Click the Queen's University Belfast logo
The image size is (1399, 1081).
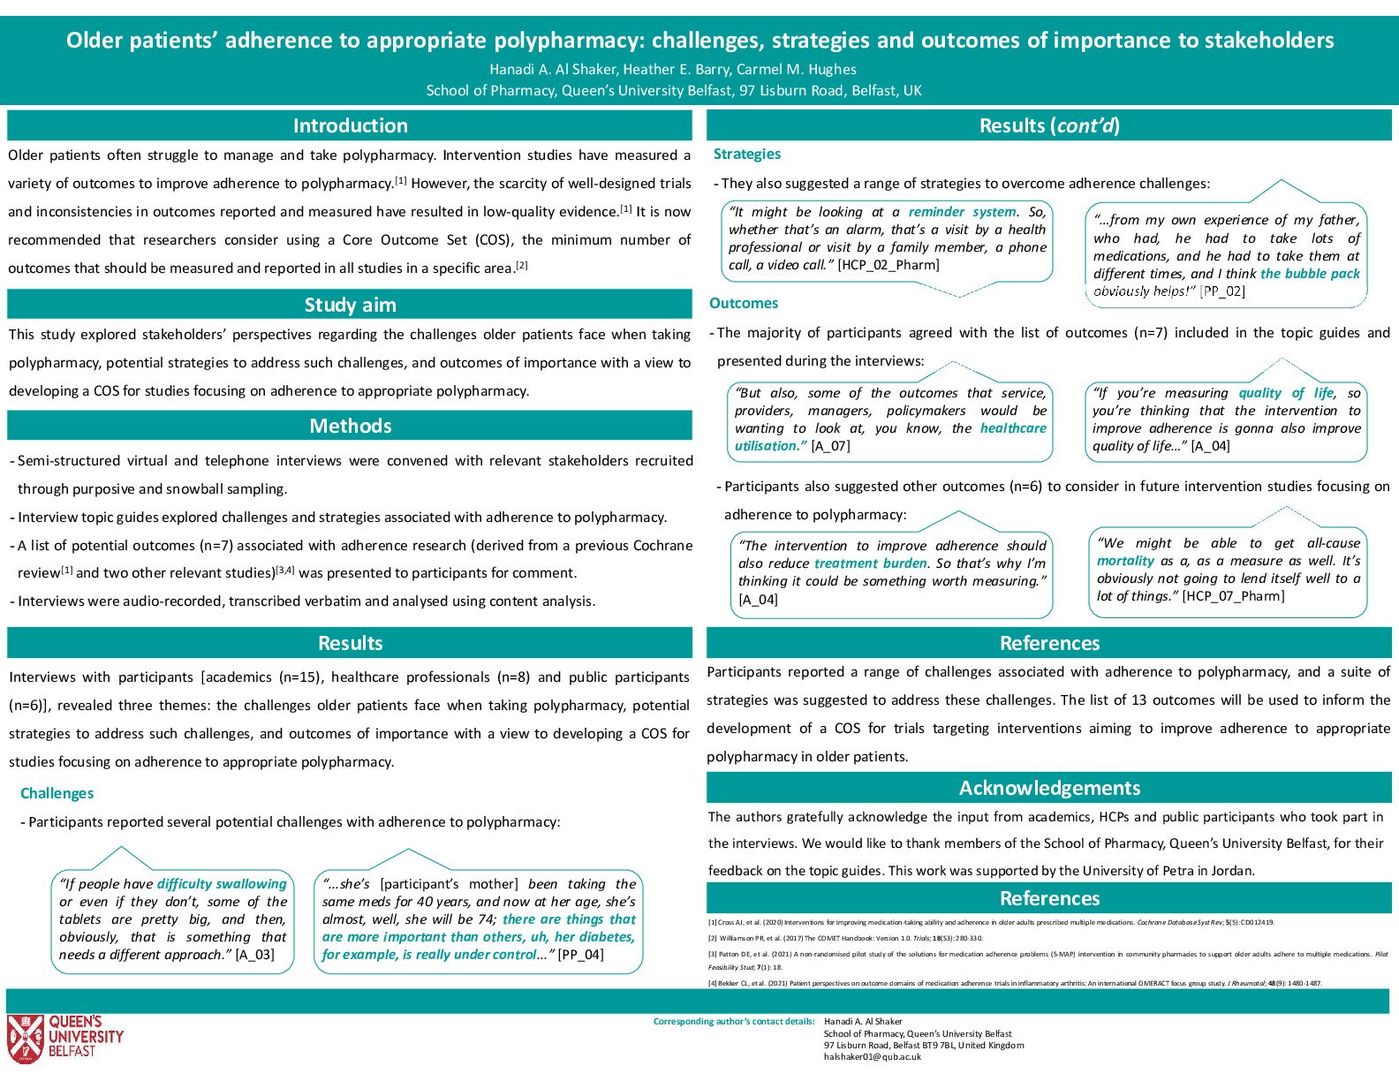pyautogui.click(x=64, y=1039)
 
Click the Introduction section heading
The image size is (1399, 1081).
pyautogui.click(x=350, y=125)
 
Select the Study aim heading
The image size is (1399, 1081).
pyautogui.click(x=350, y=305)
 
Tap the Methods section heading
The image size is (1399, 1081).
pyautogui.click(x=350, y=426)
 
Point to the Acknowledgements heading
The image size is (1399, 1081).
pyautogui.click(x=1049, y=788)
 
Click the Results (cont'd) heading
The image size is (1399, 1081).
pyautogui.click(x=1049, y=125)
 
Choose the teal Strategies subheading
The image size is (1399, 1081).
pyautogui.click(x=747, y=154)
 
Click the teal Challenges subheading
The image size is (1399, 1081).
pyautogui.click(x=57, y=793)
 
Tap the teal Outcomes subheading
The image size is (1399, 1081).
pyautogui.click(x=744, y=303)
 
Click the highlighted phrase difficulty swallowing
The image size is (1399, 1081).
pyautogui.click(x=222, y=884)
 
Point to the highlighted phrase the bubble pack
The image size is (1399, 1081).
pyautogui.click(x=1310, y=274)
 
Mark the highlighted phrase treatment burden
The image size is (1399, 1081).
pyautogui.click(x=870, y=563)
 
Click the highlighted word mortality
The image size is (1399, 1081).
pyautogui.click(x=1125, y=561)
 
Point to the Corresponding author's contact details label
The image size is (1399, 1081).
pyautogui.click(x=733, y=1022)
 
